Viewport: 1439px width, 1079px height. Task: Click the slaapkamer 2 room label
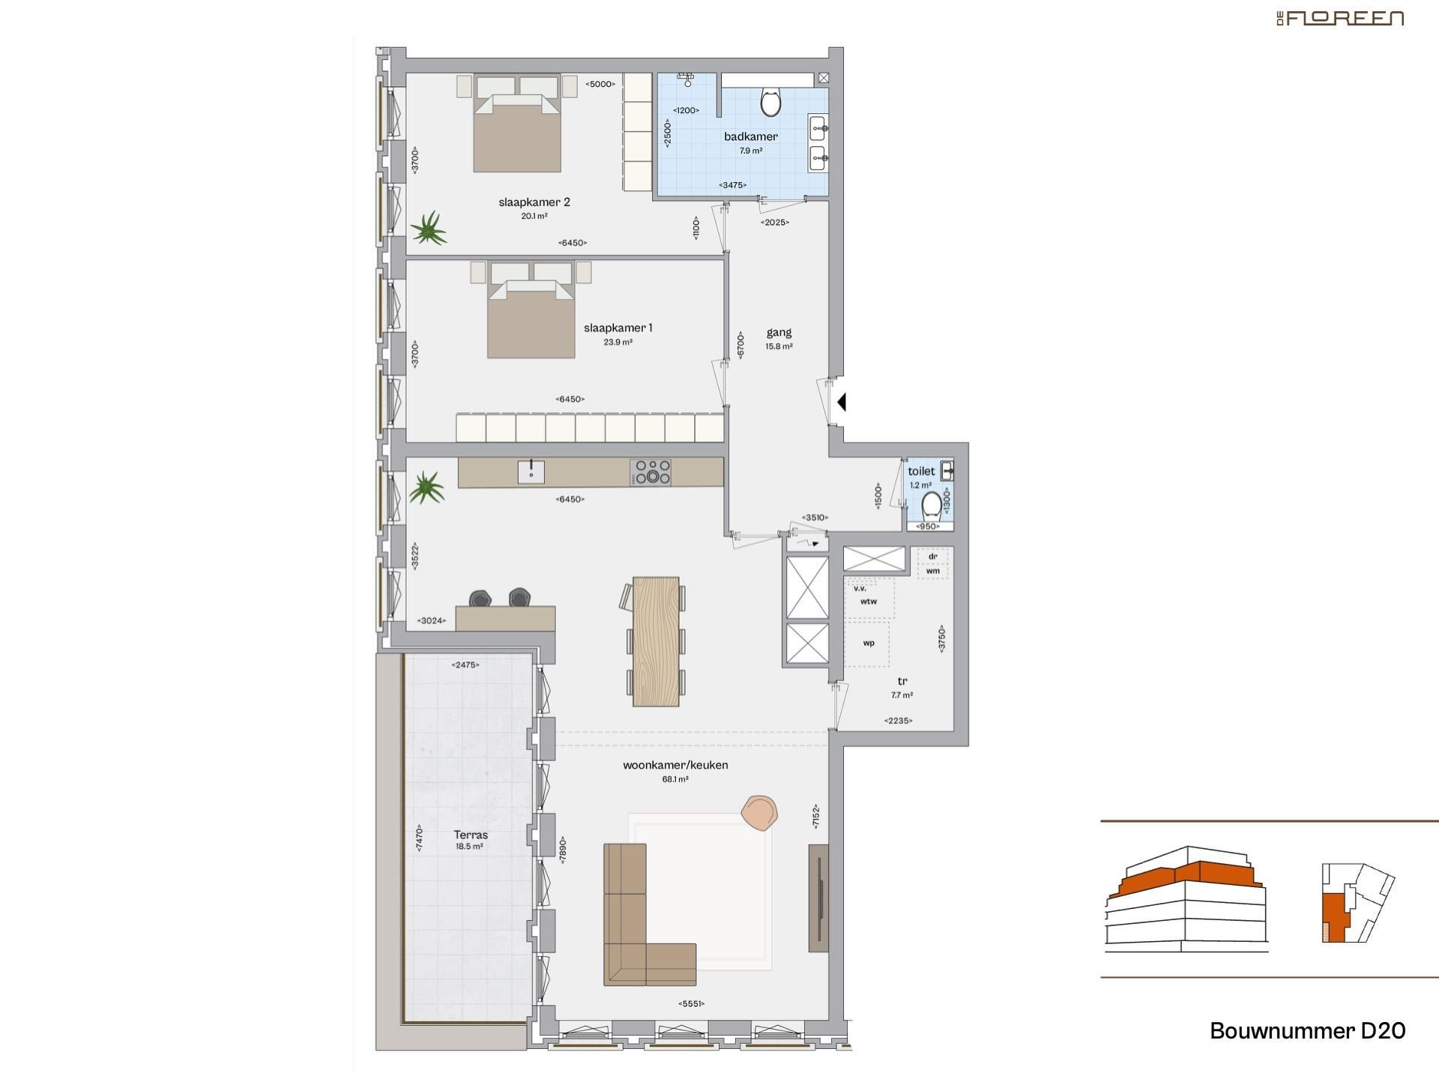click(534, 202)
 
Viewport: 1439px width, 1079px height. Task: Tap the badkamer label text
click(750, 136)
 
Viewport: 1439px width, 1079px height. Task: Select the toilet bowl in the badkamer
click(770, 103)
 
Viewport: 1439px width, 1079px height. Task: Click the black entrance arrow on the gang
click(842, 402)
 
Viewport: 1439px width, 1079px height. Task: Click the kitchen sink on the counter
click(531, 472)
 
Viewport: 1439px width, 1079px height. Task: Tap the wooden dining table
click(656, 641)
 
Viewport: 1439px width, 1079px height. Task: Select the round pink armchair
click(759, 812)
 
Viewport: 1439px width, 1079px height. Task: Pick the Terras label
click(471, 835)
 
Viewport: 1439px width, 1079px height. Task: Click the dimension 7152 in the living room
click(815, 817)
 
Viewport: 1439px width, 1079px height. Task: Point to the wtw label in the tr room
click(868, 602)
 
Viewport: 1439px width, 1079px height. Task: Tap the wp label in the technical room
click(868, 643)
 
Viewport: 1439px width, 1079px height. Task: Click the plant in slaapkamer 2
click(429, 228)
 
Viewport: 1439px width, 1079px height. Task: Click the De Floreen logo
click(1340, 18)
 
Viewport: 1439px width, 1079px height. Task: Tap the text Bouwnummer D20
click(1307, 1031)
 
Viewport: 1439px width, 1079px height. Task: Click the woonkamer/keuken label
click(675, 765)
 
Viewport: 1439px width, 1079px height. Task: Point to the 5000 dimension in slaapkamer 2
click(600, 84)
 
